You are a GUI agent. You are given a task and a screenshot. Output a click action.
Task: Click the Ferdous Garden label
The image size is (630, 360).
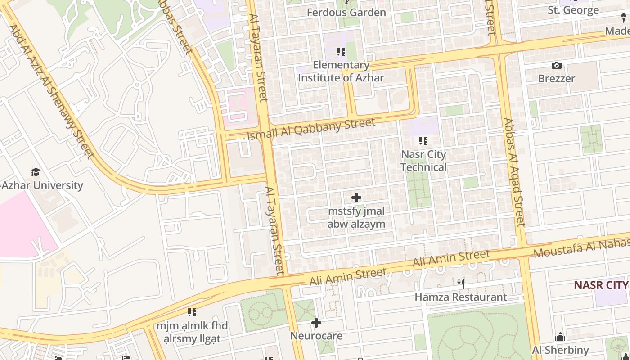pos(346,12)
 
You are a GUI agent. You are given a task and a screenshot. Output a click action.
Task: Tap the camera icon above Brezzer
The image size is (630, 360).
pos(557,66)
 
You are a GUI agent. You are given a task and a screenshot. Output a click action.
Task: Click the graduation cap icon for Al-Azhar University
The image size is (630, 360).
pos(36,172)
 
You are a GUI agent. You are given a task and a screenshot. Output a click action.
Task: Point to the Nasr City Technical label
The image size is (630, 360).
pos(423,161)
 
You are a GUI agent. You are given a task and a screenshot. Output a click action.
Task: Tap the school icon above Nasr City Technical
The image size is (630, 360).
pos(423,141)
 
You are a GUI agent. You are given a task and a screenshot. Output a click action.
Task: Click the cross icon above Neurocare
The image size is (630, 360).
pos(316,323)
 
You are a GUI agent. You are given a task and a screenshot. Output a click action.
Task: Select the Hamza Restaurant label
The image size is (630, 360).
pos(460,297)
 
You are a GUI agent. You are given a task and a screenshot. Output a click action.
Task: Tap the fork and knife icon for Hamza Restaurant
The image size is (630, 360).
pos(460,283)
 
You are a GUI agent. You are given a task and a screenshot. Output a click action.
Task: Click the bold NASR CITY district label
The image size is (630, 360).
pos(601,285)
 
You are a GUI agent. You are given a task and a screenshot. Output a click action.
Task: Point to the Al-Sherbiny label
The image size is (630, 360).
pos(560,350)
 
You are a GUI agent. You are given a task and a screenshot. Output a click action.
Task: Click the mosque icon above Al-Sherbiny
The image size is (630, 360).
pos(560,337)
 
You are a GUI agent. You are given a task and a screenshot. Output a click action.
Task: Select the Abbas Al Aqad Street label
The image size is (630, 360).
pos(514,172)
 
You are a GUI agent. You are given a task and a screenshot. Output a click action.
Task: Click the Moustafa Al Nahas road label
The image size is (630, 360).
pos(581,247)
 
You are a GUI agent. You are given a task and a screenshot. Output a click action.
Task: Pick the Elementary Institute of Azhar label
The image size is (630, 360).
pos(341,71)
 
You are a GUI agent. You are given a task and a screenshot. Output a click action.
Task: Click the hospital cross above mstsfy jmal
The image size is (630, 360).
pos(356,198)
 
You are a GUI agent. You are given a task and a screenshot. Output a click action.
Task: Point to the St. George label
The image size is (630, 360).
pos(573,10)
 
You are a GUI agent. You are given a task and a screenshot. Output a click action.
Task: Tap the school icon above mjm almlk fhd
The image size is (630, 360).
pos(192,312)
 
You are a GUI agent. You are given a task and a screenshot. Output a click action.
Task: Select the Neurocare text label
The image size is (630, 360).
pos(316,336)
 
